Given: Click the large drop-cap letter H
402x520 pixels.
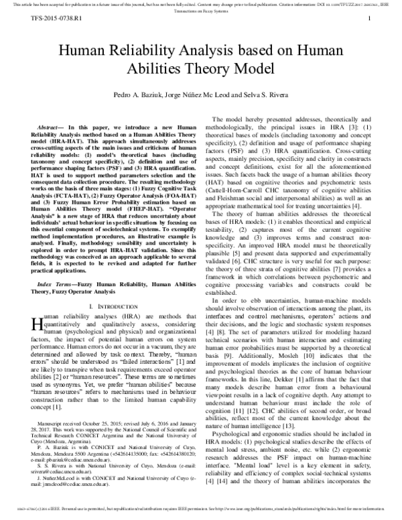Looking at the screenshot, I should point(36,323).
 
